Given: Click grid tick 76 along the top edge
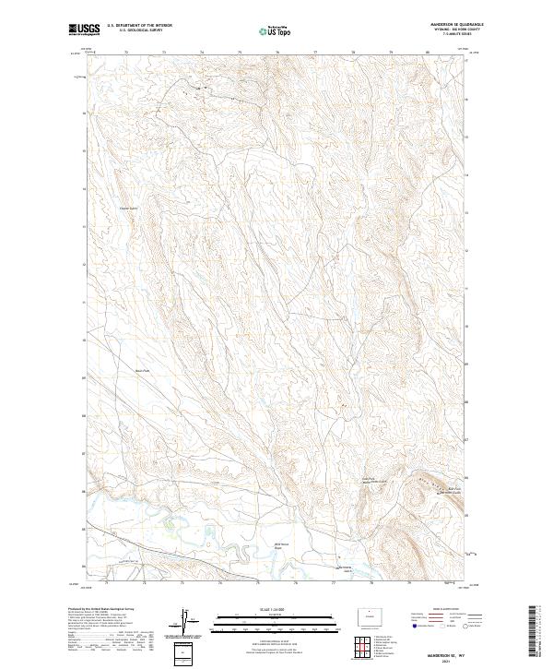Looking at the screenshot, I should [x=277, y=53].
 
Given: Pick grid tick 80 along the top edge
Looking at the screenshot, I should [x=429, y=53].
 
